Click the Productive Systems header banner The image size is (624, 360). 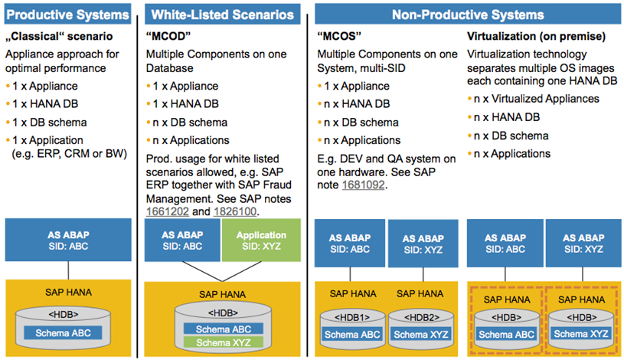click(67, 15)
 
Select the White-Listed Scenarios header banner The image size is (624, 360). click(223, 15)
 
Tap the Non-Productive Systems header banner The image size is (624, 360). click(468, 15)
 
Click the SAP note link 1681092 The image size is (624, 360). click(364, 185)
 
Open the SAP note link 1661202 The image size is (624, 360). click(168, 211)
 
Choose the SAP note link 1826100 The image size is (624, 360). click(235, 211)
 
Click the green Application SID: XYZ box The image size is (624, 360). click(261, 241)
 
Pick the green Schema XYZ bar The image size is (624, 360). click(224, 342)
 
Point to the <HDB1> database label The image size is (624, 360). click(352, 317)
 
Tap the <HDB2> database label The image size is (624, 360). click(422, 317)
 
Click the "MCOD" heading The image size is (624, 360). click(168, 36)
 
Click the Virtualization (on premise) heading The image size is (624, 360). click(536, 36)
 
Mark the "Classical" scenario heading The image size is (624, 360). click(59, 36)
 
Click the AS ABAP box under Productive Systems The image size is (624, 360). click(68, 240)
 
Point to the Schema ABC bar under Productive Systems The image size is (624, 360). click(63, 333)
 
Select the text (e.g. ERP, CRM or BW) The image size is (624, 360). click(69, 154)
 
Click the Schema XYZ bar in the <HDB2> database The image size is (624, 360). click(421, 334)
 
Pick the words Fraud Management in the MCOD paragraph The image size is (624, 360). click(218, 192)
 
